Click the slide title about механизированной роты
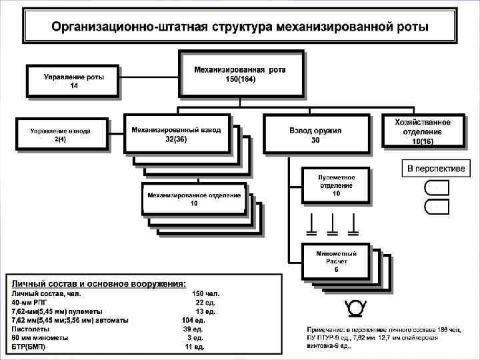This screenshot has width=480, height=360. (x=241, y=27)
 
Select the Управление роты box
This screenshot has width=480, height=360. (x=73, y=81)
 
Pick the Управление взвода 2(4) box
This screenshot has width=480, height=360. (x=61, y=134)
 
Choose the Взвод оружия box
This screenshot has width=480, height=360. (x=315, y=135)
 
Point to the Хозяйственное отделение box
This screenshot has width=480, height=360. (x=422, y=131)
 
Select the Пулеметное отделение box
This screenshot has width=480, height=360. (x=337, y=185)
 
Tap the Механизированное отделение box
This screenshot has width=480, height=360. (x=194, y=199)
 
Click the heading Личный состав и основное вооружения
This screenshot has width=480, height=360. (x=98, y=283)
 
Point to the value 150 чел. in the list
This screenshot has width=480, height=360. (x=206, y=293)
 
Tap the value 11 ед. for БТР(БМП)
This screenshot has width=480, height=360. (x=195, y=347)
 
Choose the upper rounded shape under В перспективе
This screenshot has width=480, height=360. (x=437, y=188)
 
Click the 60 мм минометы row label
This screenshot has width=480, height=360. (x=40, y=338)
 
